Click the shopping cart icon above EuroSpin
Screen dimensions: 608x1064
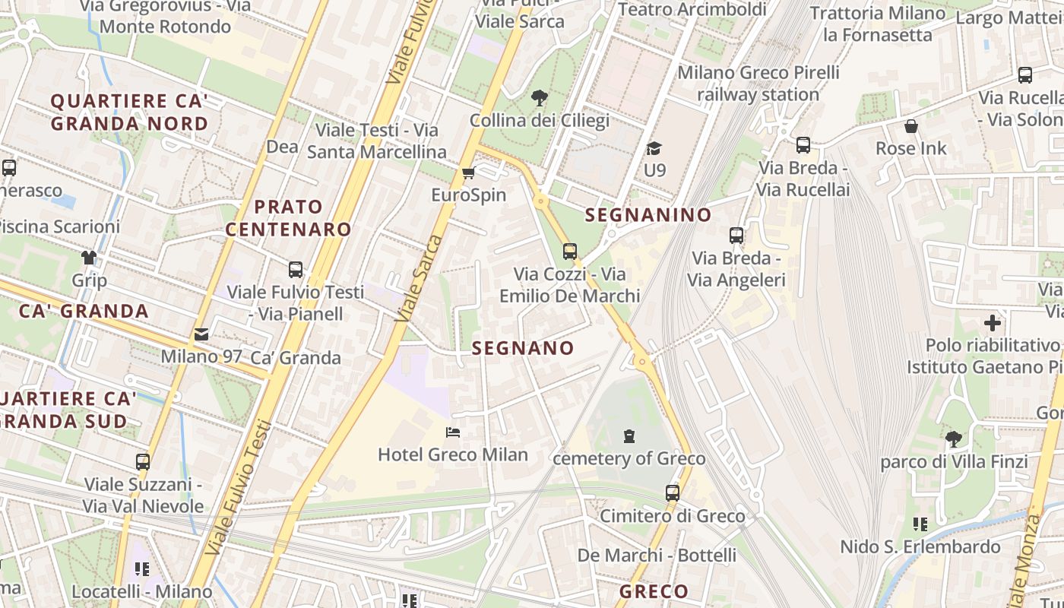pyautogui.click(x=469, y=173)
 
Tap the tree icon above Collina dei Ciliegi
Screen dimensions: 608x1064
pyautogui.click(x=540, y=98)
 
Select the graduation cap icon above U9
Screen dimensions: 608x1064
pyautogui.click(x=654, y=148)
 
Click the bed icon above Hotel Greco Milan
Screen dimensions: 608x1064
pyautogui.click(x=453, y=433)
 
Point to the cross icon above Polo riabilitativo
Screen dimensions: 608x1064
pyautogui.click(x=992, y=323)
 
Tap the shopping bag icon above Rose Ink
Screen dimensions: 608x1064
pyautogui.click(x=910, y=126)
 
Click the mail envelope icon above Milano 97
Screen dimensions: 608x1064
pyautogui.click(x=201, y=334)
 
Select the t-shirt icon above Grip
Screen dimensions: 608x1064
pyautogui.click(x=89, y=258)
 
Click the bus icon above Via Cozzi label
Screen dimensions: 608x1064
pyautogui.click(x=570, y=252)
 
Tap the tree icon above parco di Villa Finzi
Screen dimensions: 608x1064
pyautogui.click(x=953, y=439)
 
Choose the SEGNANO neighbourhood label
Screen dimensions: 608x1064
pyautogui.click(x=523, y=348)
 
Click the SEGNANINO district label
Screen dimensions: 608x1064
pyautogui.click(x=648, y=215)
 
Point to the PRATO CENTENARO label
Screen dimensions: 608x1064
pyautogui.click(x=289, y=218)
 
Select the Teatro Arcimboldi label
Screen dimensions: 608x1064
pyautogui.click(x=692, y=10)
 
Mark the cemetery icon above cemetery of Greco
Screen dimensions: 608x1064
pyautogui.click(x=629, y=436)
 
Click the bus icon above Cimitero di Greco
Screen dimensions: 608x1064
pyautogui.click(x=673, y=493)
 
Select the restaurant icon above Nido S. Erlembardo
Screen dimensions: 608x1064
pyautogui.click(x=920, y=524)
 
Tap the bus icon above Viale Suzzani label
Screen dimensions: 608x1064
pyautogui.click(x=143, y=462)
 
